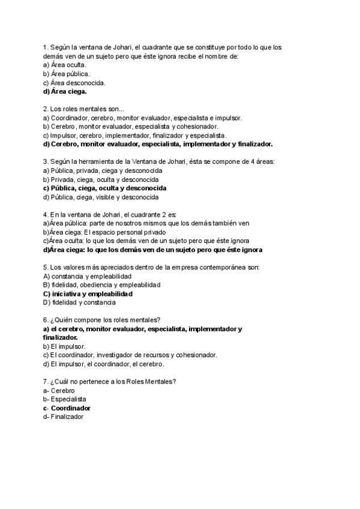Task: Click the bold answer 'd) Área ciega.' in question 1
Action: tap(65, 92)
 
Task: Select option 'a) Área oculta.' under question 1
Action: tap(65, 65)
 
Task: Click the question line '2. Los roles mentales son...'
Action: tap(83, 109)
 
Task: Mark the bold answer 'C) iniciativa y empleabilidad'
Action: tap(88, 294)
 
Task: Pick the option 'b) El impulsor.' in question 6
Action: tap(64, 346)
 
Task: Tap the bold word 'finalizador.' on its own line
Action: tap(60, 337)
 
